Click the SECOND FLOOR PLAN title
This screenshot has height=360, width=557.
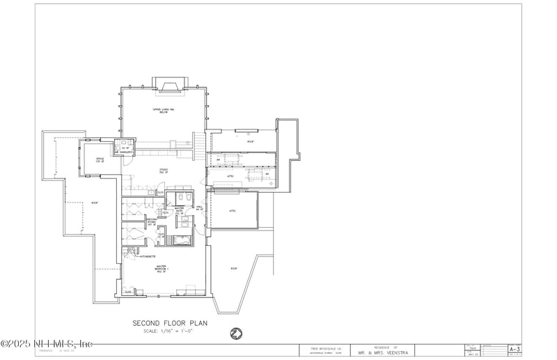tap(166, 323)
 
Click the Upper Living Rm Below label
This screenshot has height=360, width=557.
tap(162, 111)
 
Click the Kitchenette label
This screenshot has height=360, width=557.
tap(148, 256)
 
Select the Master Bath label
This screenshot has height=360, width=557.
tap(179, 210)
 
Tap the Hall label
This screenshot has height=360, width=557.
tap(199, 208)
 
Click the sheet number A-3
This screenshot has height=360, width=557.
tap(515, 348)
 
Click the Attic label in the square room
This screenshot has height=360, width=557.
tap(233, 210)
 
